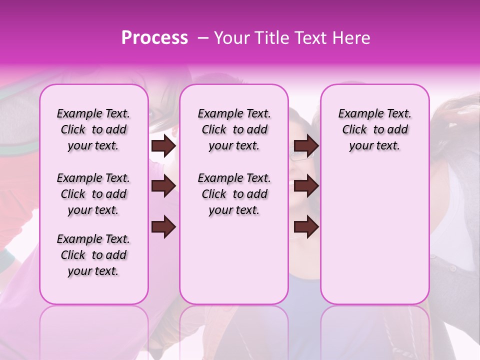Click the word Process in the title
point(154,38)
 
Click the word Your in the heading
point(232,38)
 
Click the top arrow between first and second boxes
point(163,146)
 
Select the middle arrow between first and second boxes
point(163,186)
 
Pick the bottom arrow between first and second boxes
point(163,226)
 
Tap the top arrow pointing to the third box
point(306,146)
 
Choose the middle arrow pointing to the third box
point(306,186)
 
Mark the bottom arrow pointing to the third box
point(306,226)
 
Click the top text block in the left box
point(93,129)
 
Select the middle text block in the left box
point(93,194)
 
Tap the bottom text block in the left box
point(93,255)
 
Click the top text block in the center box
point(234,129)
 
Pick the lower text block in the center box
point(234,194)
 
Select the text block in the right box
point(374,129)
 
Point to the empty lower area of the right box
point(374,235)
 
